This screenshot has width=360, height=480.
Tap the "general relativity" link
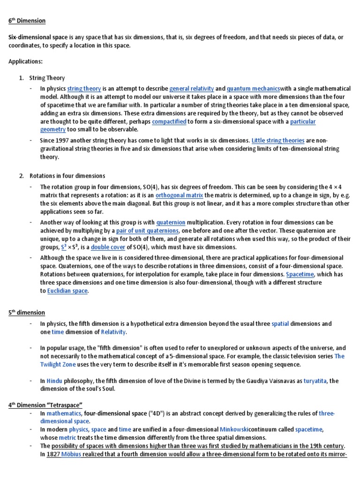coord(191,88)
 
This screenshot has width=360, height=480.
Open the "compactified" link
coord(169,121)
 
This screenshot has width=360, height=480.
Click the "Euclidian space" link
coord(67,291)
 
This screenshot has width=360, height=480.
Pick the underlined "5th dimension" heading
coord(27,312)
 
